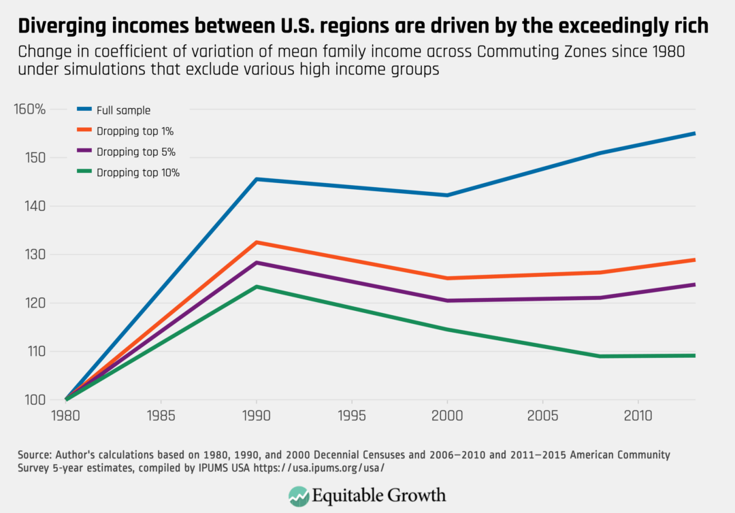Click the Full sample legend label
coord(123,110)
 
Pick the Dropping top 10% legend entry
coord(137,173)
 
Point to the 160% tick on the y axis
coord(29,109)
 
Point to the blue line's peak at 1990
coord(257,179)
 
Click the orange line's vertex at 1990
coord(257,242)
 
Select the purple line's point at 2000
coord(447,301)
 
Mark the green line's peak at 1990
coord(257,286)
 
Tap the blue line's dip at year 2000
coord(447,195)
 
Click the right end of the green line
coord(694,355)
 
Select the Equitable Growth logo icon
coord(298,495)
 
